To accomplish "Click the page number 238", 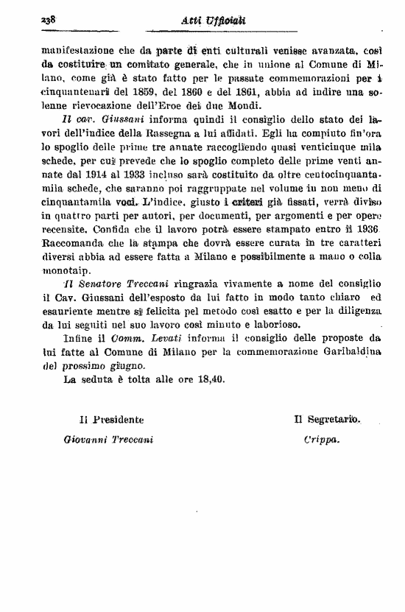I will (x=30, y=17).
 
